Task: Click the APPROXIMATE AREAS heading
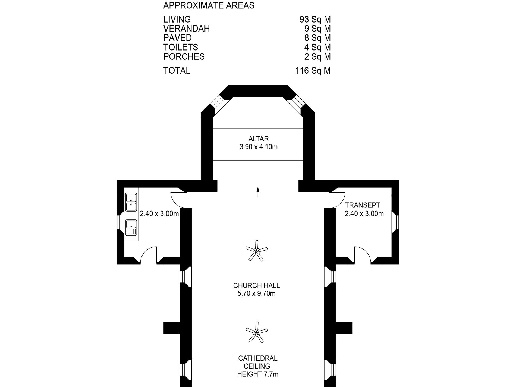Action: pyautogui.click(x=209, y=5)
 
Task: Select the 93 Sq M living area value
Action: pyautogui.click(x=315, y=19)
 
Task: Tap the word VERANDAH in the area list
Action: pyautogui.click(x=186, y=29)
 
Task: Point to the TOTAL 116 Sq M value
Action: pyautogui.click(x=313, y=71)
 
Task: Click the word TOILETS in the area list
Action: pyautogui.click(x=181, y=47)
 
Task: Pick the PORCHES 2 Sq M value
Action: pyautogui.click(x=317, y=56)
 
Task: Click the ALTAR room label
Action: pyautogui.click(x=259, y=139)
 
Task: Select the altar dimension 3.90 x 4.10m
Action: pyautogui.click(x=259, y=147)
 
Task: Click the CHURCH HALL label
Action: pyautogui.click(x=257, y=285)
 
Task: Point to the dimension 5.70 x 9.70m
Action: pyautogui.click(x=257, y=294)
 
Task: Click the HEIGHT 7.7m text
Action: pyautogui.click(x=258, y=374)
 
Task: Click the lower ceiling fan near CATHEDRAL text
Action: pyautogui.click(x=256, y=332)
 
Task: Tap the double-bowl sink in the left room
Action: pyautogui.click(x=131, y=202)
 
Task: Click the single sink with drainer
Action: pyautogui.click(x=131, y=228)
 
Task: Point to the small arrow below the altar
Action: pyautogui.click(x=258, y=191)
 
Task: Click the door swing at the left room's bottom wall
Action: pyautogui.click(x=148, y=255)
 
